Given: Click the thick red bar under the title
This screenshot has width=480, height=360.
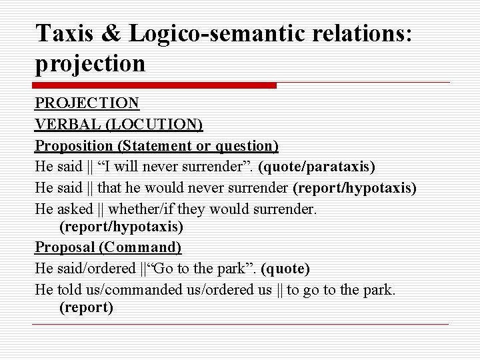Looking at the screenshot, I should (x=155, y=86).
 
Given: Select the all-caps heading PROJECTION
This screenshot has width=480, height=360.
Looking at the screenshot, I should (x=87, y=104).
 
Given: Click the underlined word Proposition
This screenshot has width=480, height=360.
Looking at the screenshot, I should (x=73, y=145).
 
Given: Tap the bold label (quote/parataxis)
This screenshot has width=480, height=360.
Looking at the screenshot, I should (x=319, y=166).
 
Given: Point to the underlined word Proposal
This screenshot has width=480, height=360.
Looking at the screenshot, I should (x=64, y=249).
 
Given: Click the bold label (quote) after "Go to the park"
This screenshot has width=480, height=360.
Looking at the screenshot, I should (x=285, y=269).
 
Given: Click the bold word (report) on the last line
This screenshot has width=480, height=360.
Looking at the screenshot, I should (x=87, y=308).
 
